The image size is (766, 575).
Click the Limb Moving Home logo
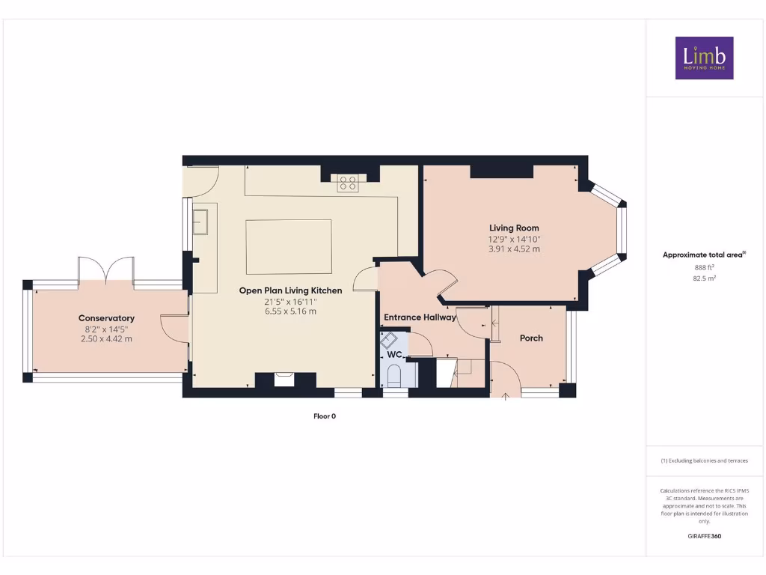coord(704,58)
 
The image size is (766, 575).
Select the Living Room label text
coord(514,228)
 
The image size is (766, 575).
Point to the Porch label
coord(531,338)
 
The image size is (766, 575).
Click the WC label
coord(395,354)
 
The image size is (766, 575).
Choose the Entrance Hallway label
coord(420,317)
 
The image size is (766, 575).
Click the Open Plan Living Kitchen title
coord(290,290)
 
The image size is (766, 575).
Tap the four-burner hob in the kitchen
coord(347,183)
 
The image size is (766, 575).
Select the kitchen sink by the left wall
coord(200,222)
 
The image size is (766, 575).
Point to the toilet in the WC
coord(395,374)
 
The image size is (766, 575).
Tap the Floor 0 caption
coord(325,416)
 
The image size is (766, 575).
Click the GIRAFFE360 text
coord(704,536)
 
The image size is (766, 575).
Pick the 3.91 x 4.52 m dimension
coord(514,249)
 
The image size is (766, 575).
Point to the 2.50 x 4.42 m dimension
coord(106,339)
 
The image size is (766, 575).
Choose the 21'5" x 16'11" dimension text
coord(290,301)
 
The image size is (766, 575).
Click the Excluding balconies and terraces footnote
coord(704,461)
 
